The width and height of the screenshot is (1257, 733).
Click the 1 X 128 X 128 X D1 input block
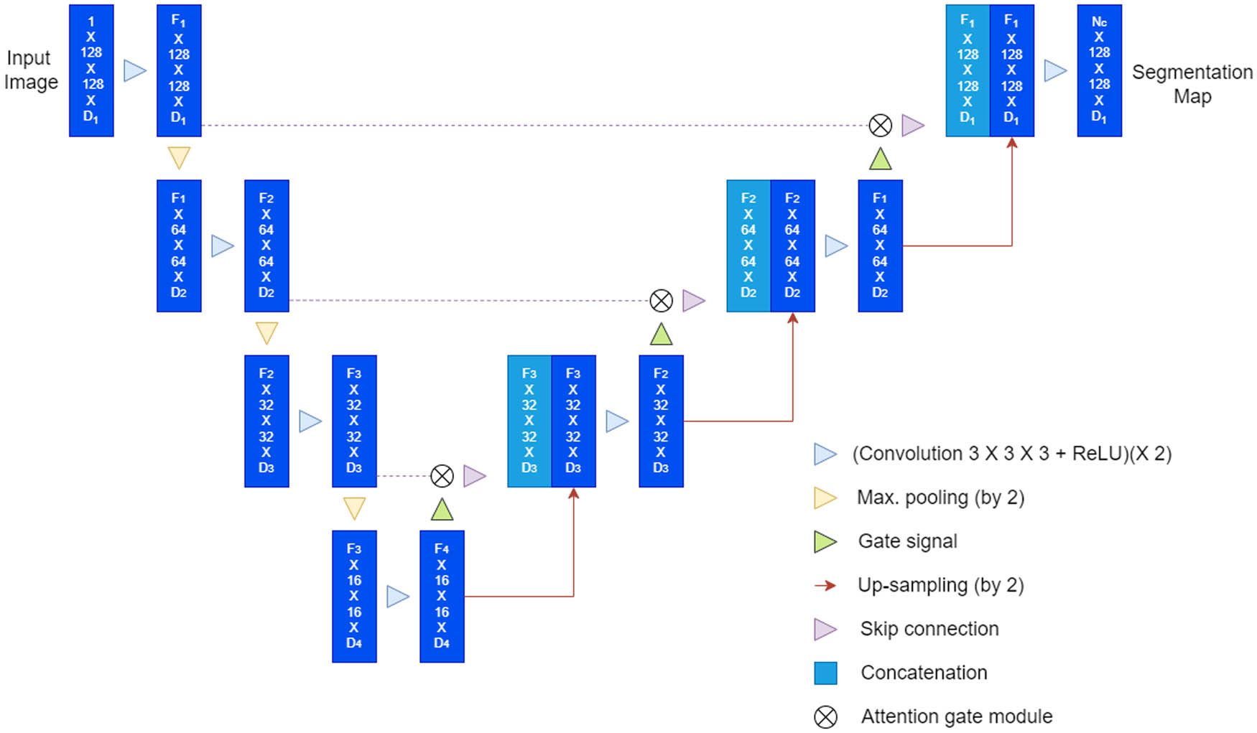tap(91, 70)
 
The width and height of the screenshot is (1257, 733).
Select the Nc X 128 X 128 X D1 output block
tap(1099, 70)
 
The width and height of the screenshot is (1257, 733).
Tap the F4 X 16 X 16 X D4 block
tap(442, 596)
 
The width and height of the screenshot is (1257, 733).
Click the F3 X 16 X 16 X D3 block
tap(354, 596)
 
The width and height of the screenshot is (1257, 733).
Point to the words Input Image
tap(31, 70)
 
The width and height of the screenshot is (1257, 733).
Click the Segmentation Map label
tap(1192, 83)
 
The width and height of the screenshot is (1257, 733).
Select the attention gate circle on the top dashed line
tap(880, 126)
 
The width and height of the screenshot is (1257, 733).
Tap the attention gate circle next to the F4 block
tap(442, 476)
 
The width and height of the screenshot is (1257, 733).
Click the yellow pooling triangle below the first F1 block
tap(179, 157)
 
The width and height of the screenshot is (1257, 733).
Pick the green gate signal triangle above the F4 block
tap(442, 510)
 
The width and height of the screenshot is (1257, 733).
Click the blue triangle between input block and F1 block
tap(134, 70)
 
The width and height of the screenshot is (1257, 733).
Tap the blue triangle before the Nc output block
tap(1054, 70)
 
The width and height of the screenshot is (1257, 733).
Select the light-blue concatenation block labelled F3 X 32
tap(529, 421)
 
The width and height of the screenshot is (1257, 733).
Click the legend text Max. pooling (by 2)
tap(940, 498)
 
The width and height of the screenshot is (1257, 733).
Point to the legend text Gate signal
tap(907, 541)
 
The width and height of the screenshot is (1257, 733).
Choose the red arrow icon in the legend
tap(825, 585)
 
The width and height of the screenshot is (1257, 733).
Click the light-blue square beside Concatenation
tap(825, 673)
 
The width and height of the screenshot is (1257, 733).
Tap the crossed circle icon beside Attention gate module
tap(825, 716)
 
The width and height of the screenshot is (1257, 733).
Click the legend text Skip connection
tap(929, 629)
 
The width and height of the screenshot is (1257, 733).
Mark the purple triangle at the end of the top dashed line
tap(912, 126)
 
